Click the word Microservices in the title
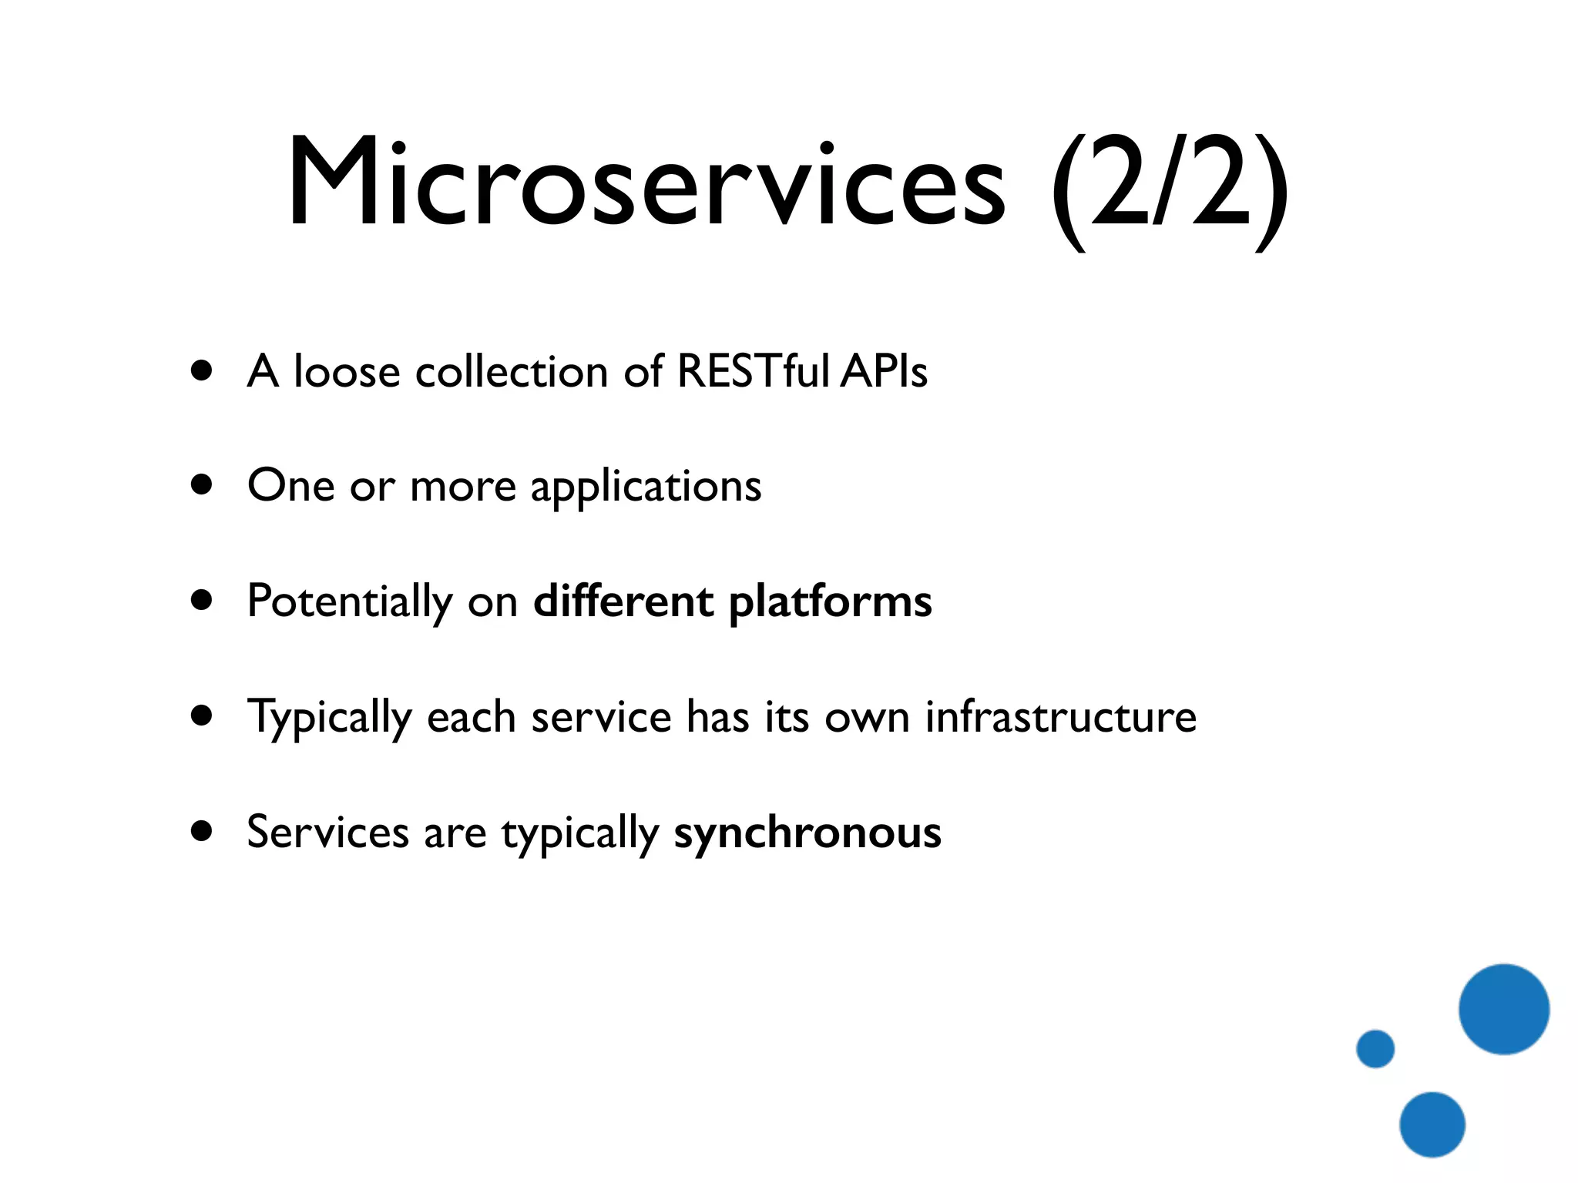coord(646,185)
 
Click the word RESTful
coord(753,371)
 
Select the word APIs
coord(884,371)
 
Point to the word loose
coord(347,372)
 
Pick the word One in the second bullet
coord(290,486)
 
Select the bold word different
coord(623,602)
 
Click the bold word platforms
coord(830,603)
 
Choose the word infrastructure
coord(1060,717)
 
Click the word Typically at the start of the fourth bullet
coord(329,719)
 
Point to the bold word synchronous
coord(807,834)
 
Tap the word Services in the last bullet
coord(327,833)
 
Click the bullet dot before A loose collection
coord(202,371)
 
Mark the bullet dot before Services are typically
coord(202,832)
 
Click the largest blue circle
coord(1503,1009)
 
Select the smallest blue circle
coord(1375,1048)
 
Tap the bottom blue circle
coord(1432,1124)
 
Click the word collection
coord(512,372)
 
